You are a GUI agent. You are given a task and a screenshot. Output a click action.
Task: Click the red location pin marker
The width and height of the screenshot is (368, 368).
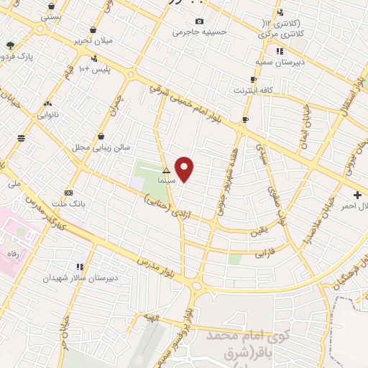(x=185, y=168)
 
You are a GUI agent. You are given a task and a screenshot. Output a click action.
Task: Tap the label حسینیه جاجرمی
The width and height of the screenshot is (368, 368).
(x=198, y=32)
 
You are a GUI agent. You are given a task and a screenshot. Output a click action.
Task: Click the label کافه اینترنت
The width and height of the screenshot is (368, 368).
(x=252, y=90)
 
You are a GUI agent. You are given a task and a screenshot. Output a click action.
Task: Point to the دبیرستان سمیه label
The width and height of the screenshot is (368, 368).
(x=280, y=62)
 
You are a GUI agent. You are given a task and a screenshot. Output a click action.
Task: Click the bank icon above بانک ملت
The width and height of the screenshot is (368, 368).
(x=69, y=193)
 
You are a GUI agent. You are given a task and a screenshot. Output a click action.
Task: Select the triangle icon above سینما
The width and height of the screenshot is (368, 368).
(x=167, y=171)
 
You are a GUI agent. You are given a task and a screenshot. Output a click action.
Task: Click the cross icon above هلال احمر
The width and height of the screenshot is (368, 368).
(x=358, y=195)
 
